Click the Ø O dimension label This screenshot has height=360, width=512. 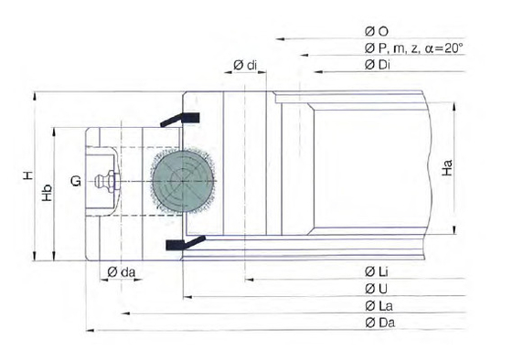tap(377, 31)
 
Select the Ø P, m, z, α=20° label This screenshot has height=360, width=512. tap(413, 48)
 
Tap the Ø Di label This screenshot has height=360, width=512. tap(377, 65)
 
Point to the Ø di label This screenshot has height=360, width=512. tap(245, 65)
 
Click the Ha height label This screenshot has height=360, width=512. tap(447, 168)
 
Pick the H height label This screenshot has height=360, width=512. tap(28, 175)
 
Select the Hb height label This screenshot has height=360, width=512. tap(48, 193)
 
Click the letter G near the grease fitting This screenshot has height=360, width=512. tap(76, 181)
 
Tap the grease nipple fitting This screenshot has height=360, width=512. tap(106, 181)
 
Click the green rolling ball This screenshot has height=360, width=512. tap(183, 181)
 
